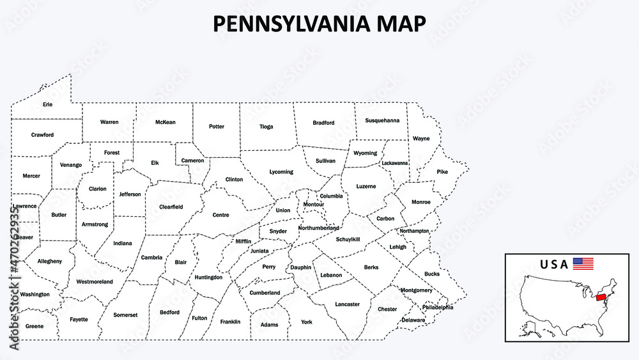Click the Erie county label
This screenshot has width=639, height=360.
48,104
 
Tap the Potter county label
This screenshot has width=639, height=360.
217,127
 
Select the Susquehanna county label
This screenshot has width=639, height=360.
382,120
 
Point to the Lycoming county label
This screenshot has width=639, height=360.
281,172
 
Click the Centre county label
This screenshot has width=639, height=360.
220,215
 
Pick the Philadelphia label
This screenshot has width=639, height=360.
438,307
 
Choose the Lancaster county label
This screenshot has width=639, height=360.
348,304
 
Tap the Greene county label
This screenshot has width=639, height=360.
35,326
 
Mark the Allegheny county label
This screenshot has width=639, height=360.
50,261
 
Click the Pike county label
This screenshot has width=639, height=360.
442,172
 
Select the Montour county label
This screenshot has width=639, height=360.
314,205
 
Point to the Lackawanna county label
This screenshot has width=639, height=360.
395,163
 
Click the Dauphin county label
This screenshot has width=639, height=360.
300,267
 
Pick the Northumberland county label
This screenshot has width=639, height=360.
318,228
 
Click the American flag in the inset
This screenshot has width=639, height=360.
583,263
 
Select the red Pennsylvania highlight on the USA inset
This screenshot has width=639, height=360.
601,298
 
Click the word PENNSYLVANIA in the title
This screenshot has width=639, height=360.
289,24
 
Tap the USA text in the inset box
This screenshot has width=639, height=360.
553,264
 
